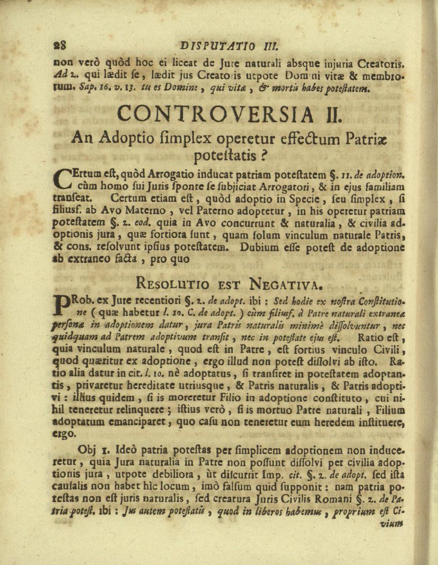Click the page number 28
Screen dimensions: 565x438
pos(59,46)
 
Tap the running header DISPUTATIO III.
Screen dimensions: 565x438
pos(233,46)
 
